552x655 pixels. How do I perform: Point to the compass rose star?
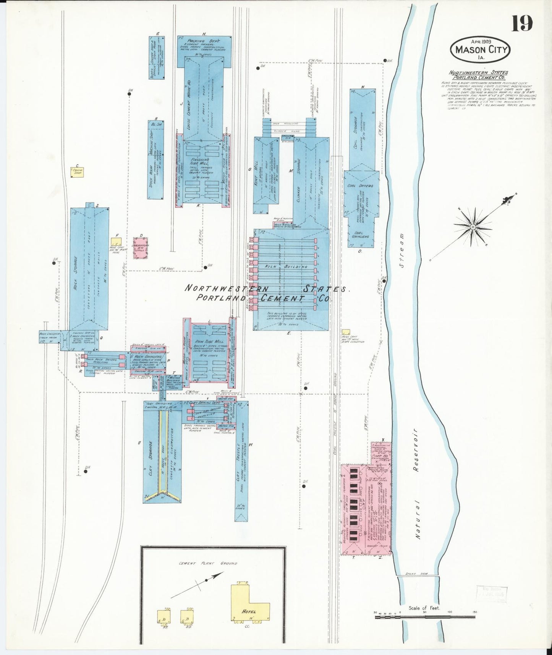tap(473, 227)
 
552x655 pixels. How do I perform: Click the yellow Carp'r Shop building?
tap(78, 171)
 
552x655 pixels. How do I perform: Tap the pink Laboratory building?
tap(141, 249)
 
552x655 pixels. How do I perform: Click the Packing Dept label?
tap(202, 41)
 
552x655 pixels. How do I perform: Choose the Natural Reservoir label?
tap(417, 483)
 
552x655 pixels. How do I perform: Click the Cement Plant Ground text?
tap(208, 563)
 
